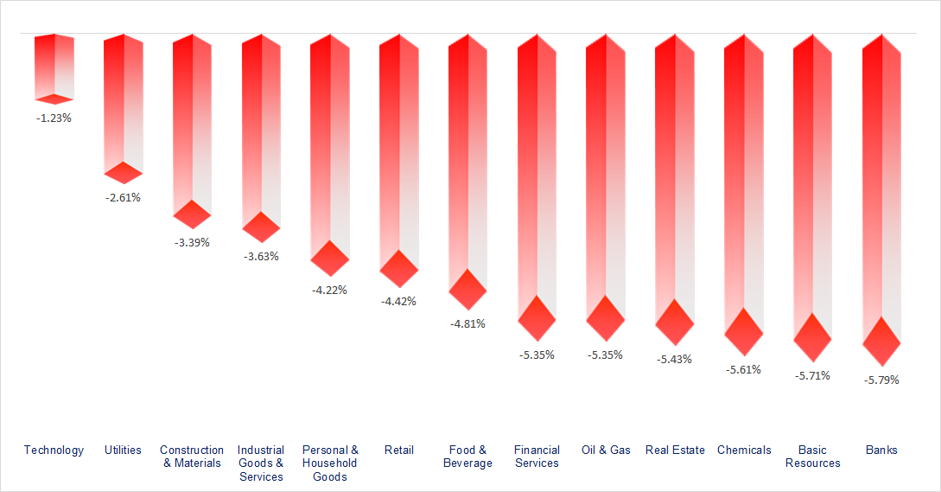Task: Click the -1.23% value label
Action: [54, 118]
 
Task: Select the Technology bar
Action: [54, 67]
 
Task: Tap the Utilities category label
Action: [123, 450]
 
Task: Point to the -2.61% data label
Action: [123, 197]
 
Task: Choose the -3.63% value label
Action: [261, 256]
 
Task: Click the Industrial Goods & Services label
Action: [261, 463]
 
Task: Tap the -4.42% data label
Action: [398, 301]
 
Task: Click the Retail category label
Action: [398, 450]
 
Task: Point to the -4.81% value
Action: [467, 323]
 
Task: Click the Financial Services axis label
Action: [537, 456]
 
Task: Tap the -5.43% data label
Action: [674, 359]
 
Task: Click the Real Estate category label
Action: [675, 450]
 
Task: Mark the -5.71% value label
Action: [812, 375]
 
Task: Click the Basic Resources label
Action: [812, 456]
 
